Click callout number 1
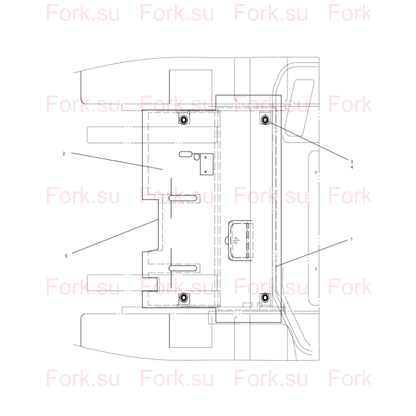tap(351, 240)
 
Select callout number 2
tap(64, 153)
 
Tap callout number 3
tap(351, 161)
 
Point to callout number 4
tap(351, 167)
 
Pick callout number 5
tap(66, 256)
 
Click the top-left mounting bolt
tap(184, 120)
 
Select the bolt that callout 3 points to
tap(265, 120)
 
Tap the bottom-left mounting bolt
tap(184, 298)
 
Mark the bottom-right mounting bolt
tap(265, 298)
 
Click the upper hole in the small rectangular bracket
tap(205, 157)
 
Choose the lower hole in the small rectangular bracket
tap(205, 171)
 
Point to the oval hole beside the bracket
tap(197, 157)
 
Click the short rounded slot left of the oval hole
tap(186, 154)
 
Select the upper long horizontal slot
tap(183, 198)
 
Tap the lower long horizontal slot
tap(183, 268)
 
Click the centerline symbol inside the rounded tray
tap(235, 240)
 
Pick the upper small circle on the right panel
tap(316, 172)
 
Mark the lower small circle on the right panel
tap(316, 269)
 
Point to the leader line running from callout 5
tap(115, 237)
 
